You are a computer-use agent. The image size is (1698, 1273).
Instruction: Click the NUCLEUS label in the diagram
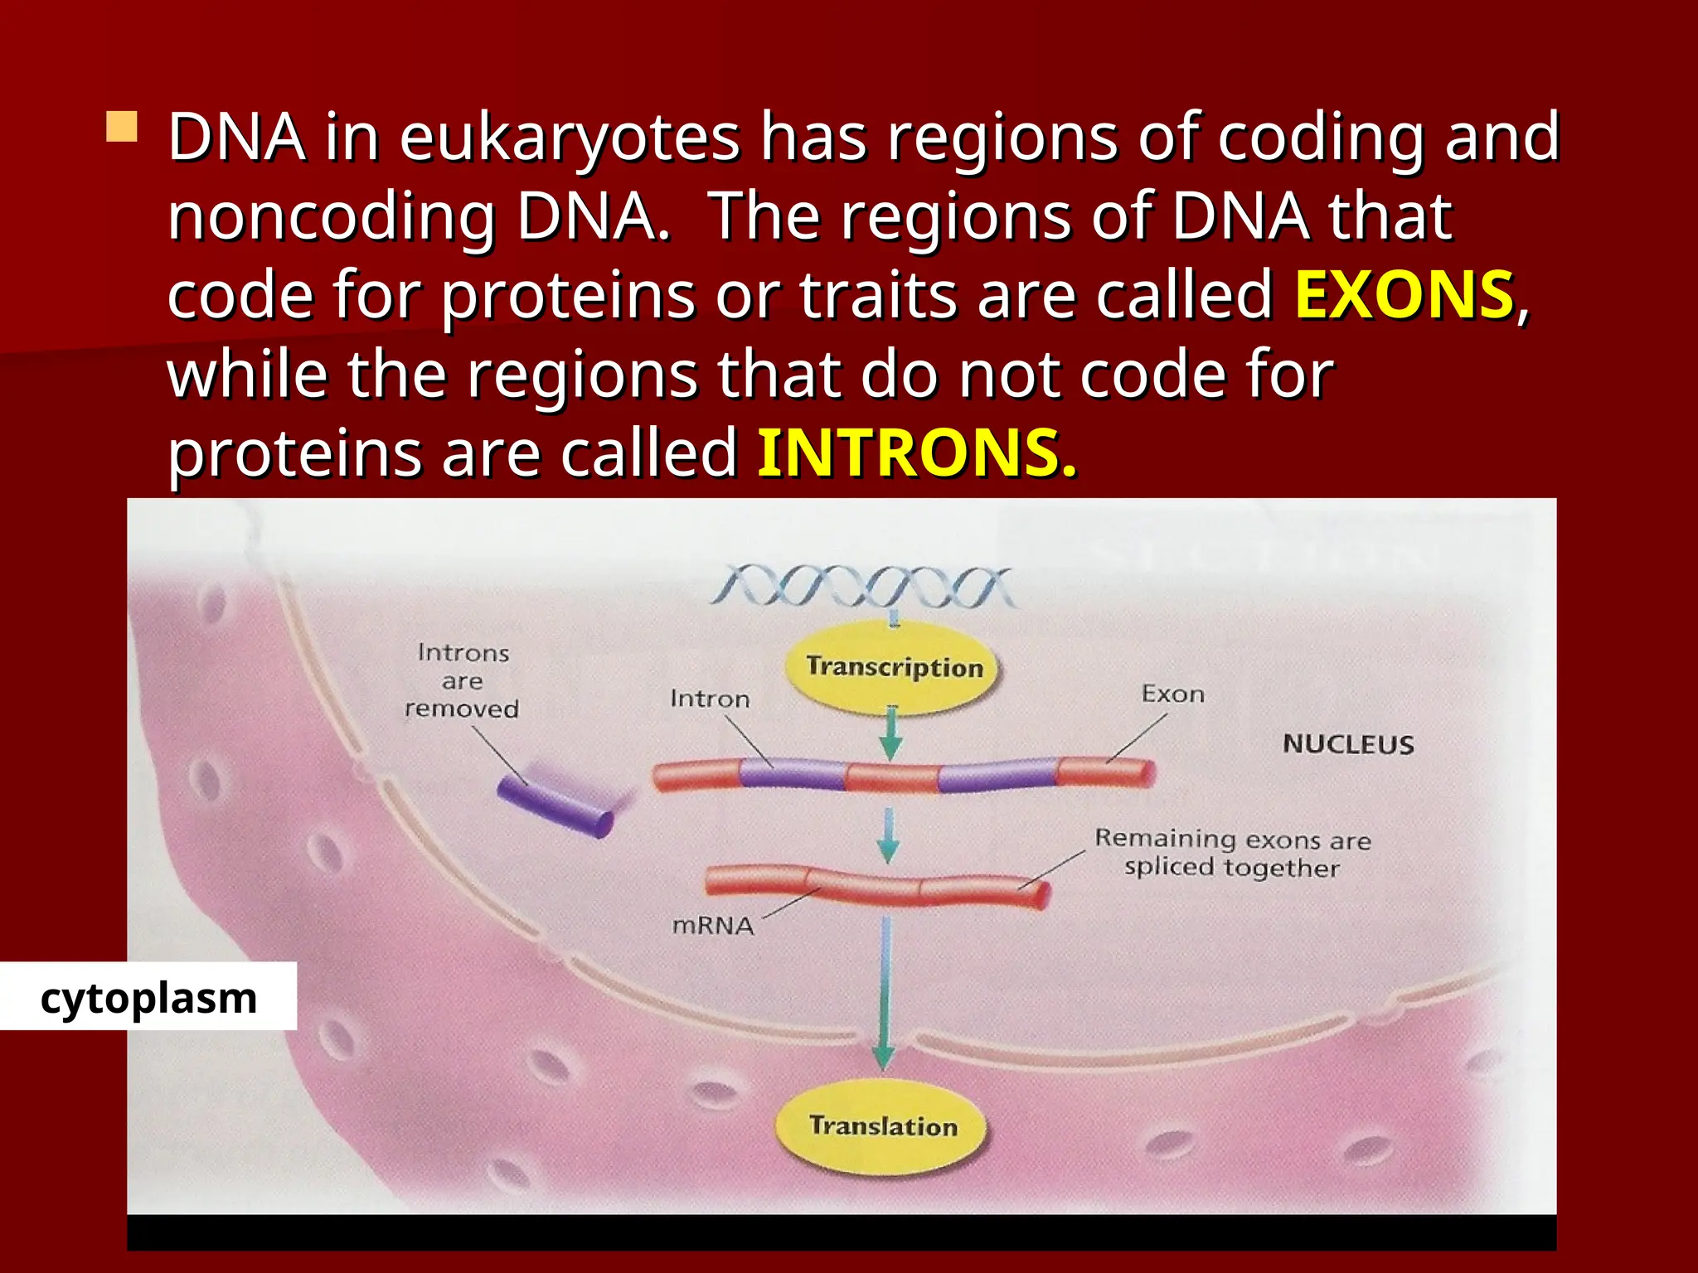click(1348, 744)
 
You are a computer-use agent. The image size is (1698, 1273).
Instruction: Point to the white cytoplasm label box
click(148, 997)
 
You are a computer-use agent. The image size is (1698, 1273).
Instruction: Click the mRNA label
click(713, 926)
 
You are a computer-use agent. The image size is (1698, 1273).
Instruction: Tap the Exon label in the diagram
click(1172, 695)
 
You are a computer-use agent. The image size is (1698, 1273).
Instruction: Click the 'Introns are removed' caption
click(463, 681)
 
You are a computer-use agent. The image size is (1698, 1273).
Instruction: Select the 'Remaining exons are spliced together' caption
click(1233, 854)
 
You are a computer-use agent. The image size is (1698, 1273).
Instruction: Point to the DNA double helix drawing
click(862, 588)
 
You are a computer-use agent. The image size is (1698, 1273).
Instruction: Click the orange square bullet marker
click(122, 128)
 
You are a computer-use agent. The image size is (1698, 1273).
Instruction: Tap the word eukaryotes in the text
click(570, 138)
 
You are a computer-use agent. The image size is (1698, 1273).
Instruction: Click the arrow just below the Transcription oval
click(891, 735)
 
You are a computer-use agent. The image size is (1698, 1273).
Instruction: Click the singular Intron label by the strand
click(710, 699)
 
